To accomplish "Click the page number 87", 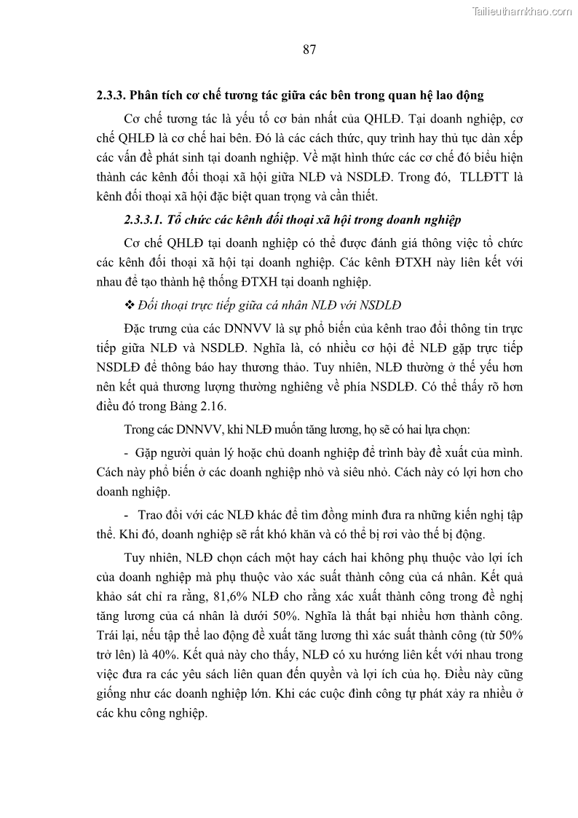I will click(x=308, y=50).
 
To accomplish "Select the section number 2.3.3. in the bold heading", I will click(x=111, y=95).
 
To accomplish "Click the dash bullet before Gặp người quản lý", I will click(x=127, y=452).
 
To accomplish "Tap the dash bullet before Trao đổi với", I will click(x=127, y=515).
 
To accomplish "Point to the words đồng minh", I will click(x=350, y=515).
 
